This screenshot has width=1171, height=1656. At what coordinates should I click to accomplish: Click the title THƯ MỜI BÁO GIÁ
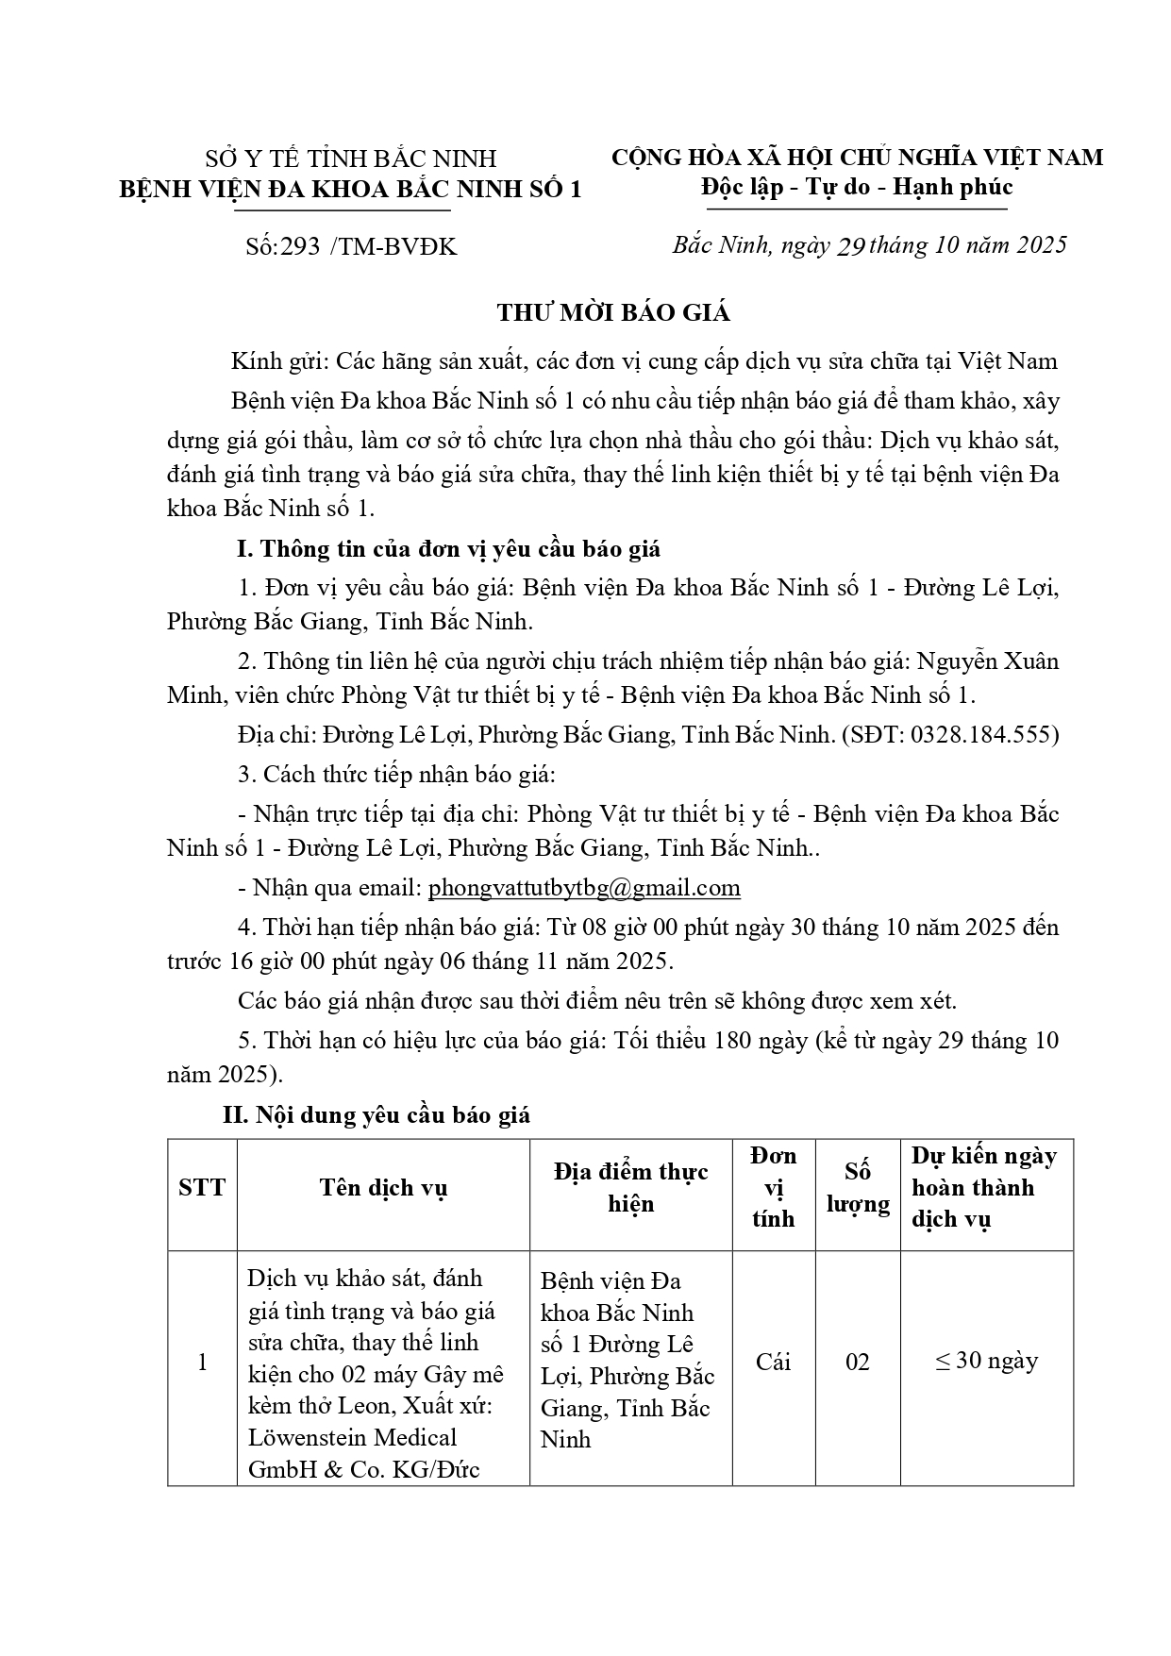613,313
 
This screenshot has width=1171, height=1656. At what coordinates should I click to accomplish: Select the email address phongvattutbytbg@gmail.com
584,888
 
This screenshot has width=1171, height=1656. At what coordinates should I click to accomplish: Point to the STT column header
202,1187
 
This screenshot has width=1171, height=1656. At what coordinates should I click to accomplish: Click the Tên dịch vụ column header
383,1187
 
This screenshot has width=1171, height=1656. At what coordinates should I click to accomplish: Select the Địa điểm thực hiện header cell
630,1187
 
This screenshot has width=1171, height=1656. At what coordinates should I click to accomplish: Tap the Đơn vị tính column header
773,1187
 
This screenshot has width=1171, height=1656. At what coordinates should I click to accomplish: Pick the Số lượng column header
858,1187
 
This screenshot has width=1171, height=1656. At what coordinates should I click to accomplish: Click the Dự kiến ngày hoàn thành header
984,1187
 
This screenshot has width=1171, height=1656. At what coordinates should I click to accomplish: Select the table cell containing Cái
773,1362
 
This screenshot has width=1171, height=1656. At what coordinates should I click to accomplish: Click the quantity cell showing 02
858,1362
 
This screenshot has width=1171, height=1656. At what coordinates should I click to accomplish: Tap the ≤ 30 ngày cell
986,1361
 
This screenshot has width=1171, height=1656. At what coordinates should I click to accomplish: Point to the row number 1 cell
202,1362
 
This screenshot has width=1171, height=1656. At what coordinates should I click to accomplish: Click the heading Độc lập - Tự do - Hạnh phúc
857,187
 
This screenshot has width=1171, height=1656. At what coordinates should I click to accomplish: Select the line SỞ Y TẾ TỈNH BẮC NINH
351,159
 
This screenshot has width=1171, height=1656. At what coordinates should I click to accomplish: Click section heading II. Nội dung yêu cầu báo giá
376,1115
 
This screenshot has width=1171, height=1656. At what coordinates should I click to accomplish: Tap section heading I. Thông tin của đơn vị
448,549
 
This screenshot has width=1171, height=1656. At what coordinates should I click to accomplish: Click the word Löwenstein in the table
300,1438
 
